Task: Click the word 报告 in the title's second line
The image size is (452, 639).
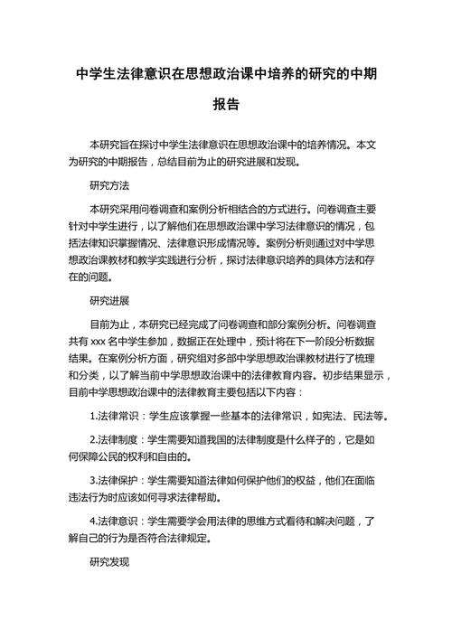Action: pyautogui.click(x=226, y=105)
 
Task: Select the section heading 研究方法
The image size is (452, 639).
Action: pyautogui.click(x=109, y=186)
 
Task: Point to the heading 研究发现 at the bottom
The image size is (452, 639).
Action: pyautogui.click(x=109, y=562)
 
